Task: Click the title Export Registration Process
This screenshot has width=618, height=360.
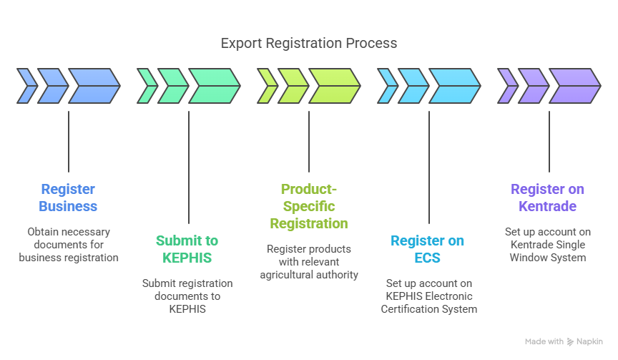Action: [x=308, y=44]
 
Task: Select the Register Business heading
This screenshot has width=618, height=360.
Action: [x=68, y=198]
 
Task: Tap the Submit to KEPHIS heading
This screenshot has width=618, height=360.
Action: [x=187, y=249]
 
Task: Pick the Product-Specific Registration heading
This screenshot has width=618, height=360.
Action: [x=308, y=206]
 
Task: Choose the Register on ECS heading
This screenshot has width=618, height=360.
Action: [x=427, y=249]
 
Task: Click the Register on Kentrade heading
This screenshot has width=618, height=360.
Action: [x=547, y=198]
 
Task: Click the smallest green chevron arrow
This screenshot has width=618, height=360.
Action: [x=147, y=86]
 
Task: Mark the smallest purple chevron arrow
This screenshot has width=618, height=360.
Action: [x=507, y=86]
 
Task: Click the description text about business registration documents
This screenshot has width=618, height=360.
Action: [x=68, y=245]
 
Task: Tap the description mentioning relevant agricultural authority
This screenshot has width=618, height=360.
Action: [x=308, y=261]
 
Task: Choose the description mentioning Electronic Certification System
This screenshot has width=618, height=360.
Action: [x=428, y=296]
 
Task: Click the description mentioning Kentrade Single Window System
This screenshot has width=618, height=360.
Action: [x=547, y=245]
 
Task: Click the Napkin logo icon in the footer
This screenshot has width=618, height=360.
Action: [x=570, y=342]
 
